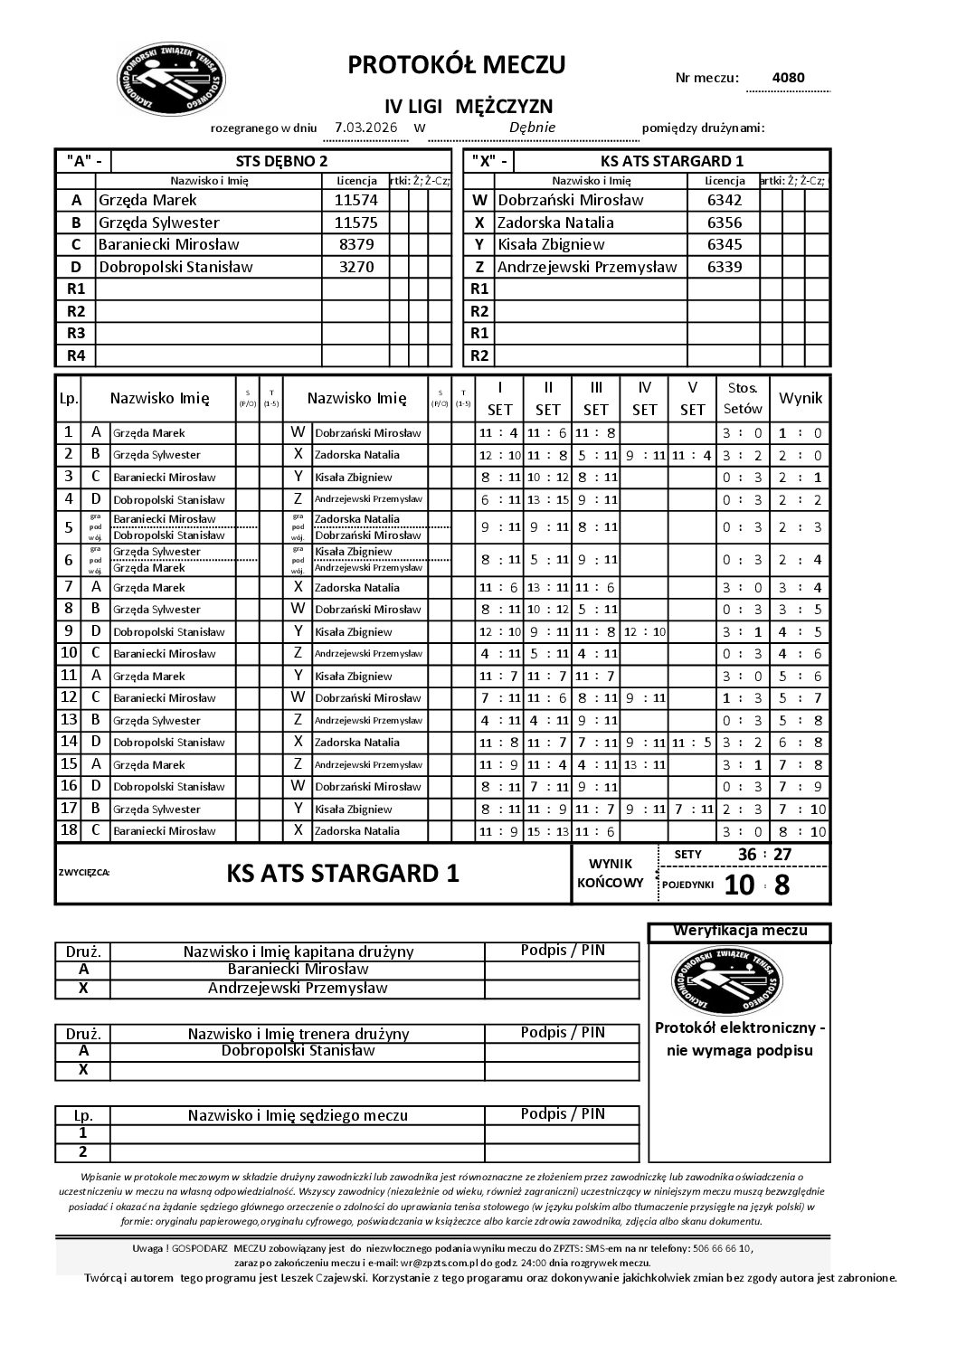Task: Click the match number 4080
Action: point(788,78)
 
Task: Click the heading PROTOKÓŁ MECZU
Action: point(457,65)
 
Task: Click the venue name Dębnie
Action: point(532,128)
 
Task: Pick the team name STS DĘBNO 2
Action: point(281,161)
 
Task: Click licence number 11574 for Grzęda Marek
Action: point(355,200)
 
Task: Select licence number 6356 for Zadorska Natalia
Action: point(724,223)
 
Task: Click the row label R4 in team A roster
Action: point(76,355)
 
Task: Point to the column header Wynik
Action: point(801,398)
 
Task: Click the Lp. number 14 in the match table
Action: point(69,742)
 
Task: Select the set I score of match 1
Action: point(499,432)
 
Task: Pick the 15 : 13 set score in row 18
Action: point(547,831)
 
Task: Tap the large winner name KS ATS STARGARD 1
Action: point(343,874)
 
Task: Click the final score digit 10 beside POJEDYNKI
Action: point(739,885)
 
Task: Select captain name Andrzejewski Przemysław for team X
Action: point(298,989)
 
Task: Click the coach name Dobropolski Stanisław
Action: point(298,1051)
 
